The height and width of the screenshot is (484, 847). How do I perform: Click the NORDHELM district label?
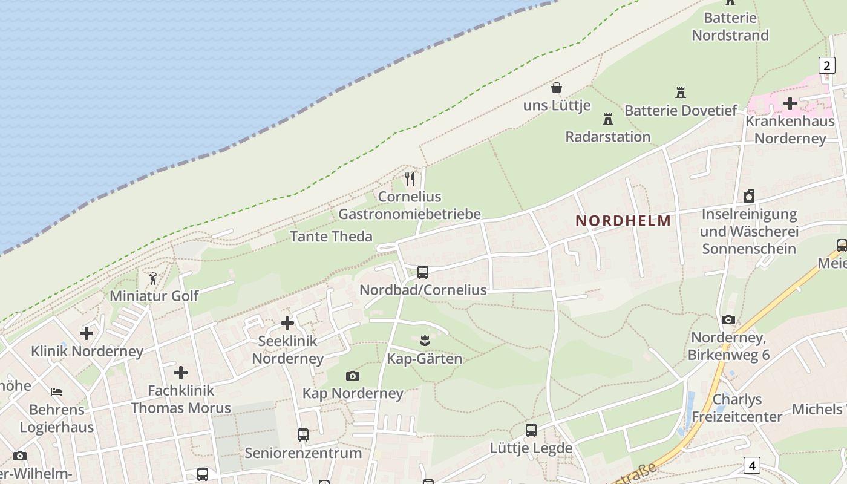click(x=623, y=221)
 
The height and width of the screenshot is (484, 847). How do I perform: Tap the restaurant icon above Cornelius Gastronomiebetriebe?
click(x=410, y=179)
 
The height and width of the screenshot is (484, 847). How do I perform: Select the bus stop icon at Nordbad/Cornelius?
click(x=422, y=272)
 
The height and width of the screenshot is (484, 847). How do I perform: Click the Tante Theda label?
click(x=331, y=236)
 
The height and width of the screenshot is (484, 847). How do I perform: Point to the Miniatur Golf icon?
click(x=153, y=278)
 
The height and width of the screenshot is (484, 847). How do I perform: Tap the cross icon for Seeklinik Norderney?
click(x=287, y=323)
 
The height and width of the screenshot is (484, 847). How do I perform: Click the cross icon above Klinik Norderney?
click(x=87, y=333)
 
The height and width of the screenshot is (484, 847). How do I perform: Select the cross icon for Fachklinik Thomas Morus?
click(x=180, y=373)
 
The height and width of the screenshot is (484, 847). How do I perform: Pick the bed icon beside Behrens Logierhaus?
click(x=56, y=392)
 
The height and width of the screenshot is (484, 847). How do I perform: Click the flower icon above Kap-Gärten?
click(x=425, y=341)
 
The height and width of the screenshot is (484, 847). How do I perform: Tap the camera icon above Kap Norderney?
click(x=353, y=376)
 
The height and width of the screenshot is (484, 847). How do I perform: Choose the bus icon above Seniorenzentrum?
click(x=302, y=434)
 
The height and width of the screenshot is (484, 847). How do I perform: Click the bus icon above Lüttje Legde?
click(x=531, y=430)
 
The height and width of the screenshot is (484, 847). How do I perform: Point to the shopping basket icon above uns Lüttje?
click(x=557, y=88)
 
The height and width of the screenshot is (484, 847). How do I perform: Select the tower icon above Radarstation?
click(x=608, y=119)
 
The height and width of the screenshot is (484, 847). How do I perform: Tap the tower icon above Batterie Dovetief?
click(x=681, y=93)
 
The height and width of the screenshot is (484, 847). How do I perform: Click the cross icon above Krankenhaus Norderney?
click(x=790, y=103)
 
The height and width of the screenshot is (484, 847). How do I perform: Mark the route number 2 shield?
click(x=826, y=65)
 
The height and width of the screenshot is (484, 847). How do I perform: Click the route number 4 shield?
click(x=751, y=465)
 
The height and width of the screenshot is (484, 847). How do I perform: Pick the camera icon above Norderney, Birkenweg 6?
click(x=728, y=319)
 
